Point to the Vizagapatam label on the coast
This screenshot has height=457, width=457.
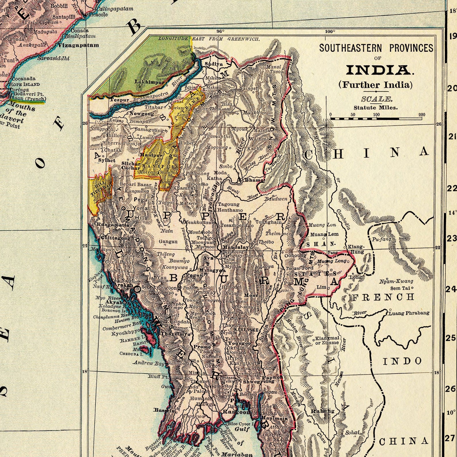[x=78, y=45]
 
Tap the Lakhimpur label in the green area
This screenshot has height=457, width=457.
[x=149, y=82]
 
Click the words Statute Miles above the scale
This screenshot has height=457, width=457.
[x=375, y=108]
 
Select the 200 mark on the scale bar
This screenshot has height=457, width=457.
[x=422, y=115]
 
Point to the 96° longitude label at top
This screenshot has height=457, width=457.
[x=220, y=31]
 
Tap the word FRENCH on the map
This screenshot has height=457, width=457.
[x=383, y=297]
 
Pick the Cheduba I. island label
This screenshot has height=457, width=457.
[x=131, y=354]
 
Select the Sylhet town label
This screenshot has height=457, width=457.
[x=107, y=160]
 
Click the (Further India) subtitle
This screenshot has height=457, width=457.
[x=376, y=85]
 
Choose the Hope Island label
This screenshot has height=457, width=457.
[x=25, y=84]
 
